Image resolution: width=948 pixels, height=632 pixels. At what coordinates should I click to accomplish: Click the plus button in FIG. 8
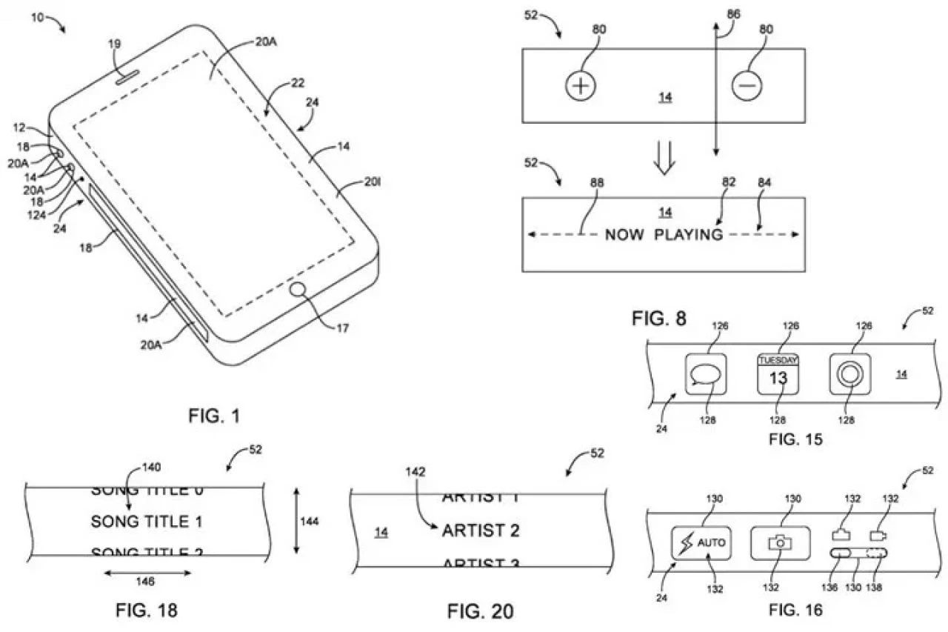pos(581,87)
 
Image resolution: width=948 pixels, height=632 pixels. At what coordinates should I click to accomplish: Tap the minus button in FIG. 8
pos(747,87)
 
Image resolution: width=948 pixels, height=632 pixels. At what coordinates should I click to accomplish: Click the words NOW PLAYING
pos(664,235)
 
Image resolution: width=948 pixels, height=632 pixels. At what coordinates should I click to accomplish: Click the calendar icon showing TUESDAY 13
pos(778,375)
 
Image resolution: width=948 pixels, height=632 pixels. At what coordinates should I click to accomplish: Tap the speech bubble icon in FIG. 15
pos(704,375)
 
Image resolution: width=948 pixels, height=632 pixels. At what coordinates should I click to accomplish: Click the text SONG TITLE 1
pos(147,522)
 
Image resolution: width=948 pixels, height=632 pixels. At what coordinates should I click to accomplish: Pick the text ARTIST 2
pos(481,530)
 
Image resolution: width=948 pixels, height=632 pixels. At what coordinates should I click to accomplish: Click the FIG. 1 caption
pos(214,416)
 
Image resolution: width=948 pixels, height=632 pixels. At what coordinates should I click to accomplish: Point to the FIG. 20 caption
pos(480,611)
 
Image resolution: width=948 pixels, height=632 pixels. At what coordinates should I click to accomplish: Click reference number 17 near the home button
pos(342,327)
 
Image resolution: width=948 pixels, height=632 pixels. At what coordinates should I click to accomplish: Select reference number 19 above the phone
pos(115,45)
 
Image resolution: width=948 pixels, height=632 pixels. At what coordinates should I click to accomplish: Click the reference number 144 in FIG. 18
pos(310,522)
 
